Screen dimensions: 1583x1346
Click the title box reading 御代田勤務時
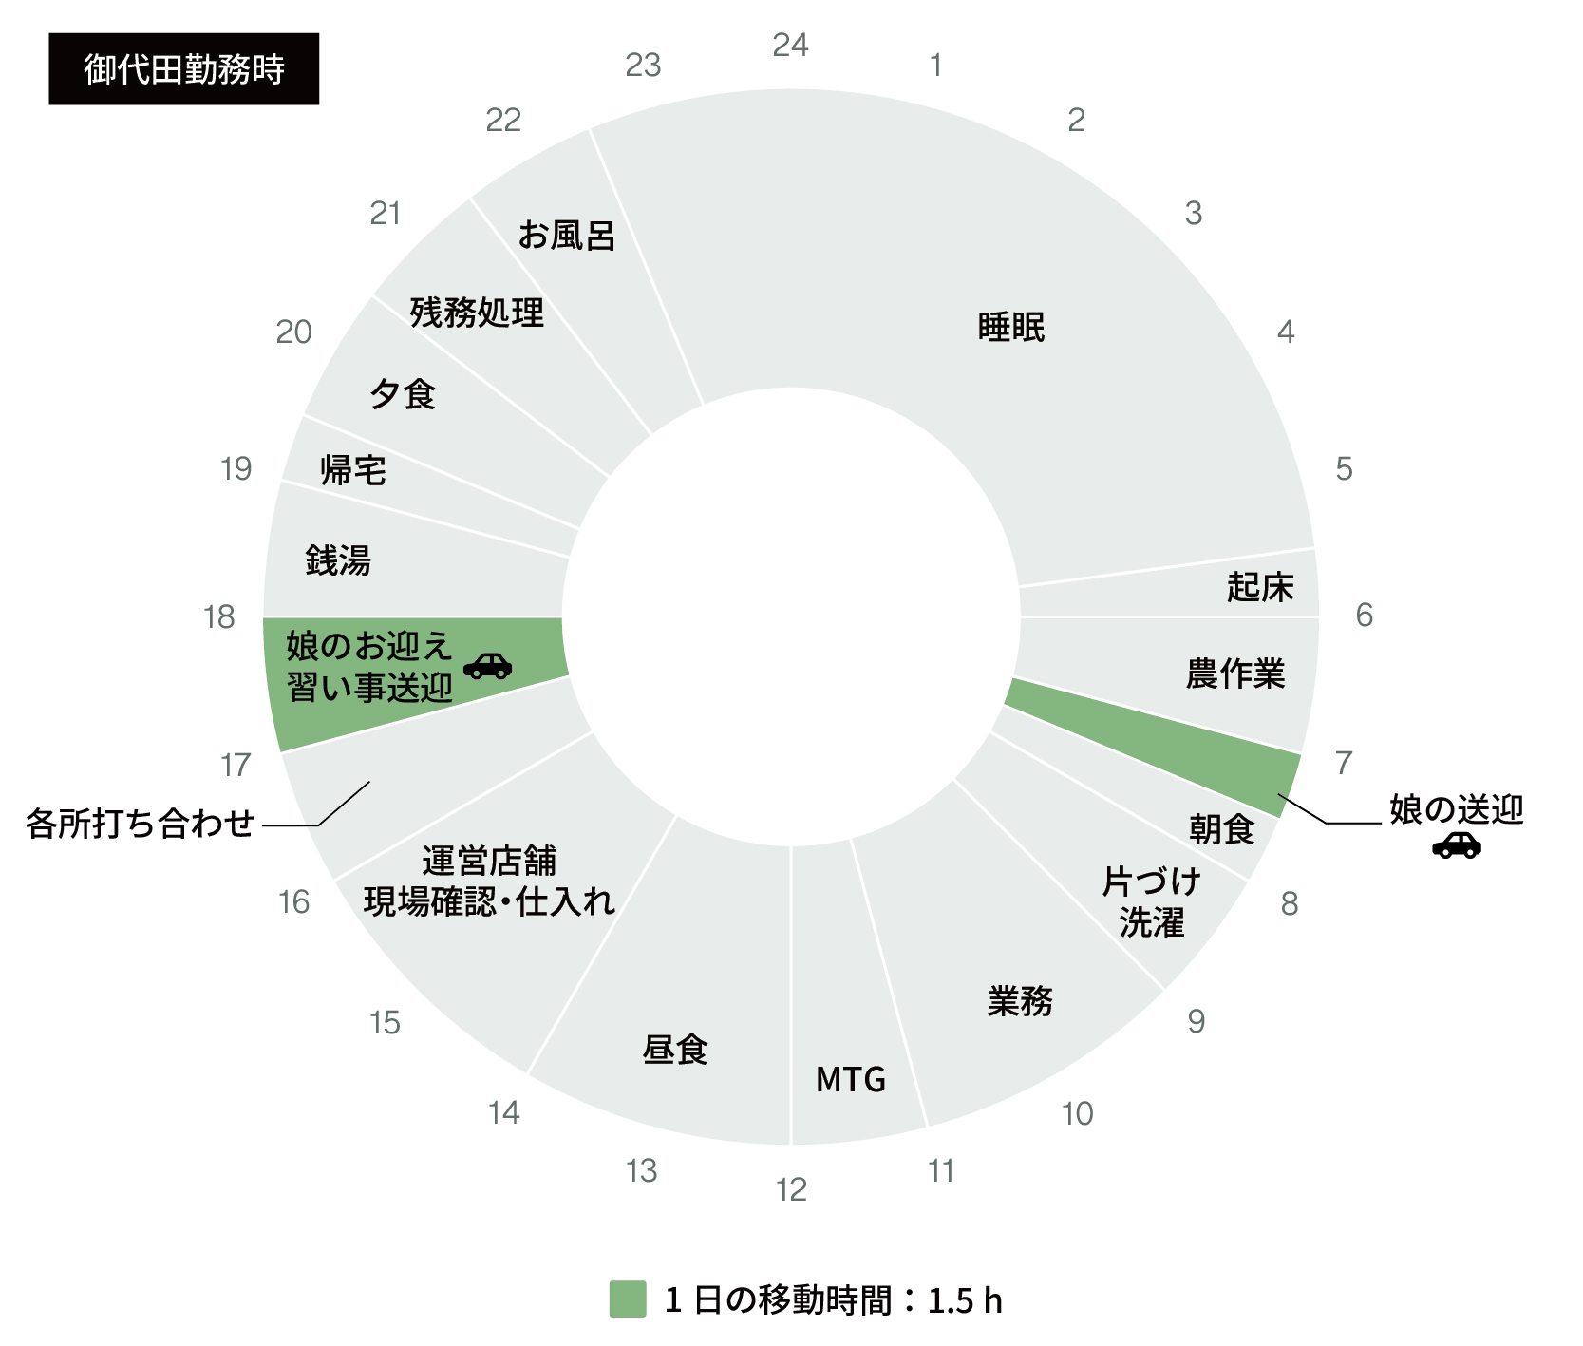[184, 69]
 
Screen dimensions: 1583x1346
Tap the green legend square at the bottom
[628, 1299]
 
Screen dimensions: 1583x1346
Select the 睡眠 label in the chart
[1011, 327]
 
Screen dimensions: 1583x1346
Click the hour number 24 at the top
[790, 45]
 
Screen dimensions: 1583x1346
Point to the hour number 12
[791, 1189]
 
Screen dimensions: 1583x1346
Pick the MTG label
[851, 1079]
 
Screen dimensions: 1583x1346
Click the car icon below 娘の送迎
[1457, 844]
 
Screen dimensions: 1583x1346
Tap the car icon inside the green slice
[488, 665]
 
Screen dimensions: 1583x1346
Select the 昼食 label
[675, 1050]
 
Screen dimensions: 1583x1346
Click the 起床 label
[1260, 587]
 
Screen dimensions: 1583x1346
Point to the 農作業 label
[1235, 673]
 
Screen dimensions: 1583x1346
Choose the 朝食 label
[1222, 829]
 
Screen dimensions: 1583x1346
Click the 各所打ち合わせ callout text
[141, 823]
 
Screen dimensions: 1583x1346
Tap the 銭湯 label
[338, 559]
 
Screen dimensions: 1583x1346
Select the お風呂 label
[567, 235]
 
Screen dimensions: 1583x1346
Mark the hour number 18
[219, 617]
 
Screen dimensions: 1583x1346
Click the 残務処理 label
[477, 312]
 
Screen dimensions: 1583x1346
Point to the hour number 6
[1364, 616]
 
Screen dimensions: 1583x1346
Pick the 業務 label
[1020, 1000]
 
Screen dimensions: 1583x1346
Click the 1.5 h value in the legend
[965, 1300]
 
